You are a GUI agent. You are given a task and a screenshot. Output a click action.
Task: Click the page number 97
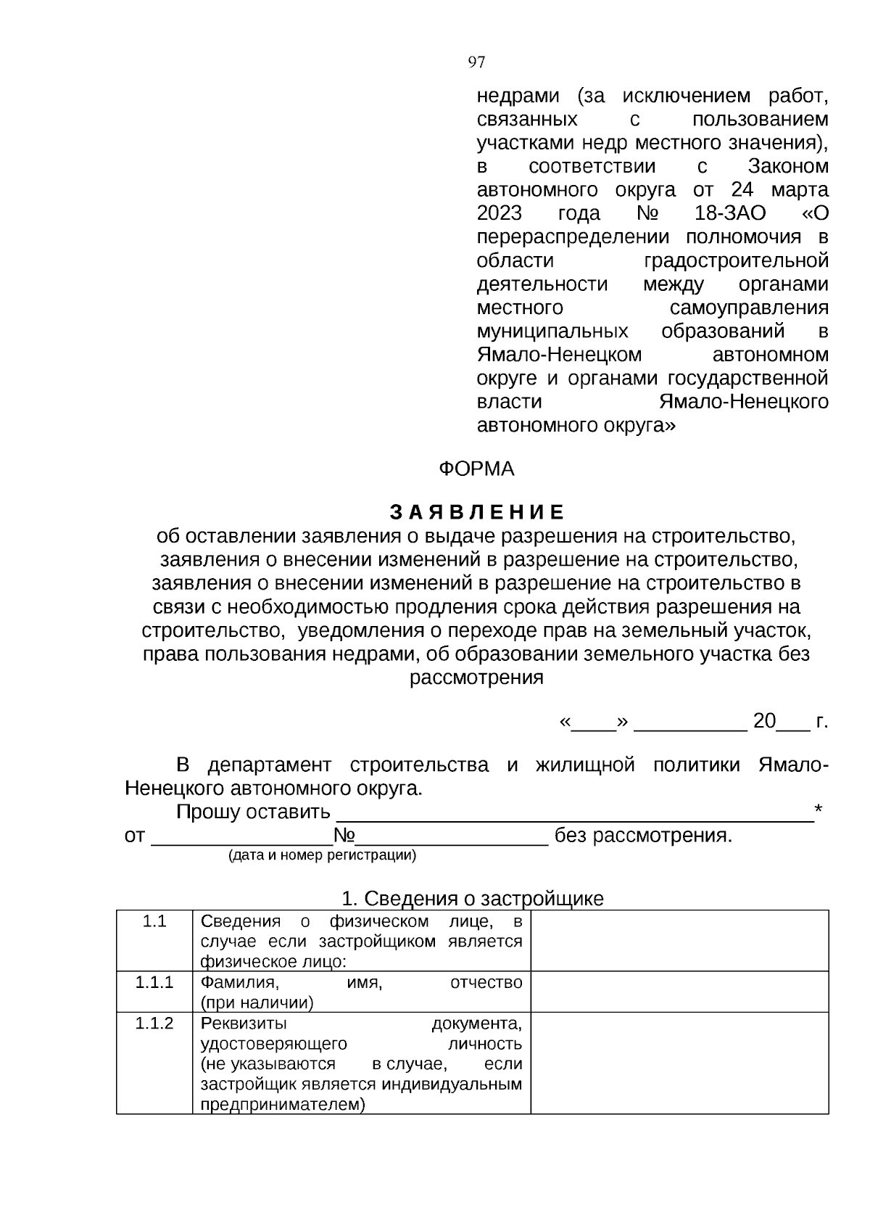coord(476,62)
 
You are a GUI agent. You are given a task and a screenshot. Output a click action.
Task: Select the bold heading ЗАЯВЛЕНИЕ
coord(477,512)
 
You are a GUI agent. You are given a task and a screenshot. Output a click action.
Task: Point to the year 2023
coord(499,213)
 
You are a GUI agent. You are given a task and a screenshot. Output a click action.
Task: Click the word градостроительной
coord(735,260)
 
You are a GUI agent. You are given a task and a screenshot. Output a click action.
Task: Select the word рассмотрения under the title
coord(476,678)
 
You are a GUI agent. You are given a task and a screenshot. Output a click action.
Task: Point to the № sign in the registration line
coord(343,836)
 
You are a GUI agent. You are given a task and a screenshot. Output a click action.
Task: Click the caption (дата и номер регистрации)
coord(322,856)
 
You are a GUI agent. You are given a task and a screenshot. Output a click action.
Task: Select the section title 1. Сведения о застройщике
coord(472,899)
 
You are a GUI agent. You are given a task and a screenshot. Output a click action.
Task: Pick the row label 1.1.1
coord(154,983)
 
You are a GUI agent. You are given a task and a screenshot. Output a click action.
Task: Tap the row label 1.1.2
coord(154,1024)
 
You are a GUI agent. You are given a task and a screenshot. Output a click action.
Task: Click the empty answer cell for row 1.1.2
coord(679,1062)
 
